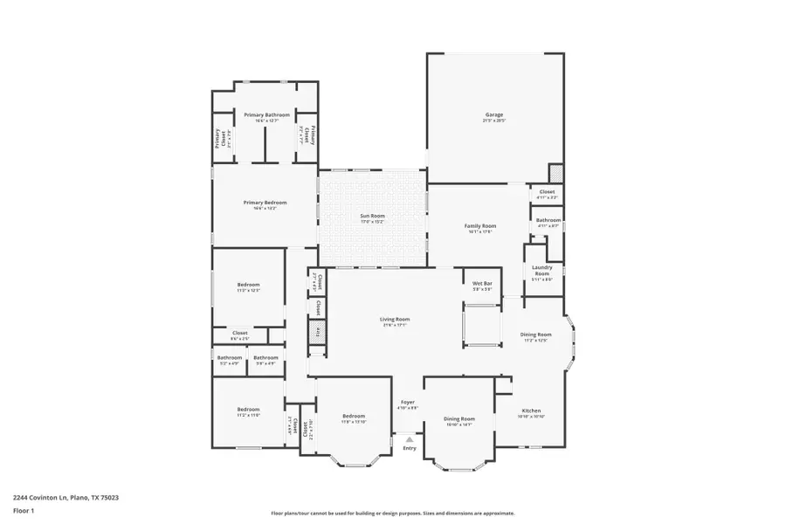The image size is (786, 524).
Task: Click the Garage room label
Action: [494, 114]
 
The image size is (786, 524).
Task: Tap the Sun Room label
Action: [373, 216]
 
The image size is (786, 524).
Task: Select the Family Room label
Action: [479, 226]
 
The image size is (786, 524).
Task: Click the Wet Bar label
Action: [482, 284]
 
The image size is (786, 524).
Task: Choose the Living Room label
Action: [395, 319]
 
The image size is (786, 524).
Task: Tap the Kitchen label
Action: [531, 410]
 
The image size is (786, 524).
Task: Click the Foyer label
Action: [408, 402]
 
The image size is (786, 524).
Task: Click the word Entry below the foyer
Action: [409, 448]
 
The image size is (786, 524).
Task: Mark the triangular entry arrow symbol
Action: [409, 439]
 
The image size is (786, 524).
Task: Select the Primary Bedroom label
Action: [265, 203]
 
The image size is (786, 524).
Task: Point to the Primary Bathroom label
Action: [266, 115]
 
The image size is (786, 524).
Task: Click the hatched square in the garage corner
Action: [555, 173]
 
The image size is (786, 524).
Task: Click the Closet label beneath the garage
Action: [547, 191]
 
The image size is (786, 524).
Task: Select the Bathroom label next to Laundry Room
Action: [548, 220]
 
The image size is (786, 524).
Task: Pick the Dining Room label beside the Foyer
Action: [458, 418]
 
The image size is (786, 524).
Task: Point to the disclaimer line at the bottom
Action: [393, 514]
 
